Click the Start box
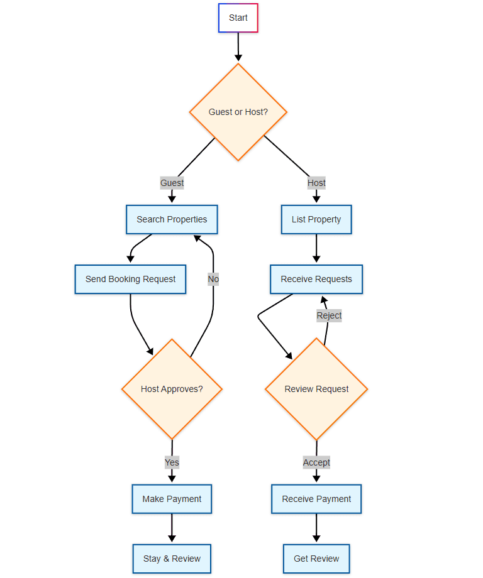(x=238, y=18)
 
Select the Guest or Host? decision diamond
(x=238, y=112)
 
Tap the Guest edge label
(x=172, y=183)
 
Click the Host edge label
(x=316, y=183)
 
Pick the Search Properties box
(x=172, y=219)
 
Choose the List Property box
(x=316, y=219)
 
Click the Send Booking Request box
(x=130, y=279)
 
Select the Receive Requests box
(x=316, y=279)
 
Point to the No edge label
(x=213, y=279)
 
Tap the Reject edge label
(x=329, y=315)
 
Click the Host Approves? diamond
(x=172, y=389)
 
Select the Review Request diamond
(x=316, y=389)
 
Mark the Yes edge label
(x=172, y=462)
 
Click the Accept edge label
(x=316, y=462)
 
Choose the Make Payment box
(x=172, y=499)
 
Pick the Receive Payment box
(x=316, y=499)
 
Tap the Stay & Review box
(x=172, y=559)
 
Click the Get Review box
(x=316, y=559)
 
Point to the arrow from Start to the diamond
(x=238, y=47)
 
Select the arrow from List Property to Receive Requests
(x=316, y=249)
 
